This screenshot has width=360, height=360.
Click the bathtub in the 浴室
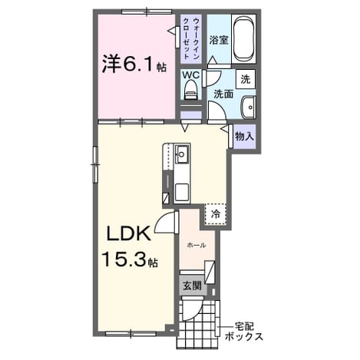244,38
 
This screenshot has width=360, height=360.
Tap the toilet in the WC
190,90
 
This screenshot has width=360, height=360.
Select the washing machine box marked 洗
246,79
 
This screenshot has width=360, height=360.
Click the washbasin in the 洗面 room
248,107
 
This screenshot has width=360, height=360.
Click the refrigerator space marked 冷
216,214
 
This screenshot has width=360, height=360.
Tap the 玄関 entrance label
192,286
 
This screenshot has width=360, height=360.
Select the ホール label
197,246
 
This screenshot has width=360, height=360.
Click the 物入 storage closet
245,137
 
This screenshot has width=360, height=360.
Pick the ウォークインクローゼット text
191,38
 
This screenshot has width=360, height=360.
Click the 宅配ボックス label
244,332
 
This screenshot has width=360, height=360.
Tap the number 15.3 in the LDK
125,259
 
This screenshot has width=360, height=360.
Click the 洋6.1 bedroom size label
134,64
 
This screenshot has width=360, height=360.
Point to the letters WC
190,74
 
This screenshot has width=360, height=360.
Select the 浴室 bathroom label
219,40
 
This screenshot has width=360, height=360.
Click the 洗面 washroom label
223,94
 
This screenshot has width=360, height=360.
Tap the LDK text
128,234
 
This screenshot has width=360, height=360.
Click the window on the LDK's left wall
95,164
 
